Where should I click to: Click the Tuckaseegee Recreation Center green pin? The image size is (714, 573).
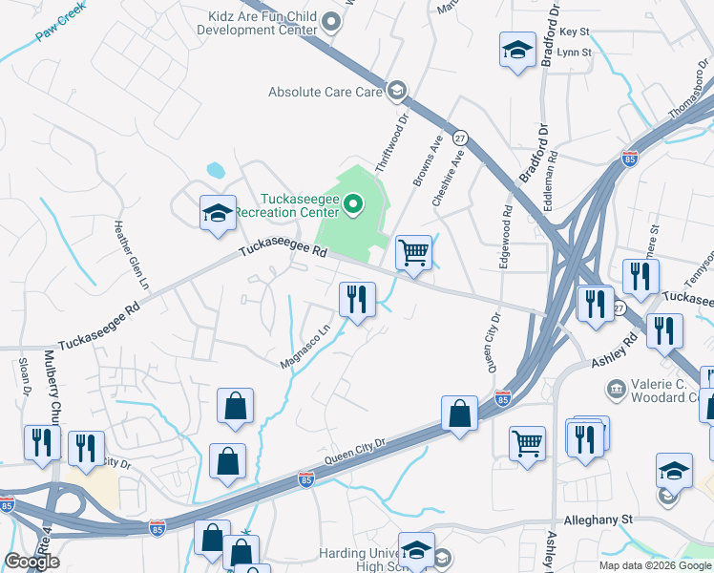(x=353, y=202)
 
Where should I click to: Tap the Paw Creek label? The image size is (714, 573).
(x=60, y=27)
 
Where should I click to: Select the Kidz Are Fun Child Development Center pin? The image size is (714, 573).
(x=332, y=21)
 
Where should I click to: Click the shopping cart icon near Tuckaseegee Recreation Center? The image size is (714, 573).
(x=413, y=253)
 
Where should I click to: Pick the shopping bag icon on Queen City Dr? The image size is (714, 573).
(x=459, y=414)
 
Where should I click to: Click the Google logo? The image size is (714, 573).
(x=31, y=562)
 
